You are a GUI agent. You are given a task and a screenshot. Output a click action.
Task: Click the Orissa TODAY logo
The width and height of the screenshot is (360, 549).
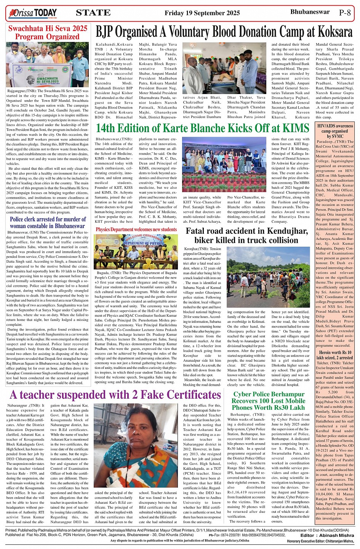32,13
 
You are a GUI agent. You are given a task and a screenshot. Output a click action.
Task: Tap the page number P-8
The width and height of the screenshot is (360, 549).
344,13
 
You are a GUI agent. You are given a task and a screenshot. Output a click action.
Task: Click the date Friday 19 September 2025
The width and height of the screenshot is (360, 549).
202,13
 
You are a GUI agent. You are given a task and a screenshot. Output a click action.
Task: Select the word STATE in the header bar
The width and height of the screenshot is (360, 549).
93,13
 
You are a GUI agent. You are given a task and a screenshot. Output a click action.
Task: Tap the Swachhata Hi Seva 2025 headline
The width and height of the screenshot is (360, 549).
48,32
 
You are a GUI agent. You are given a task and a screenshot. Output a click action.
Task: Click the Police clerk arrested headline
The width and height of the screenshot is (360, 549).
48,222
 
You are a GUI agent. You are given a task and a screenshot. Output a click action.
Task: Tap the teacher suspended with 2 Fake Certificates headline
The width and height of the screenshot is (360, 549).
115,395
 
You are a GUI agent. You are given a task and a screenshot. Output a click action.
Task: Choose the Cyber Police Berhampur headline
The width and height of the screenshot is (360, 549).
269,401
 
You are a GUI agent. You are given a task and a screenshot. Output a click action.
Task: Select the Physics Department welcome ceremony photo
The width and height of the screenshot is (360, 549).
136,251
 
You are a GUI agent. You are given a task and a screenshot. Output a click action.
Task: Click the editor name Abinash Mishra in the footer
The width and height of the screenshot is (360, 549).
338,535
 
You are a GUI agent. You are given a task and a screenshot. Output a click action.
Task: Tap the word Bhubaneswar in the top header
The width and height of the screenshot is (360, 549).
310,12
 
